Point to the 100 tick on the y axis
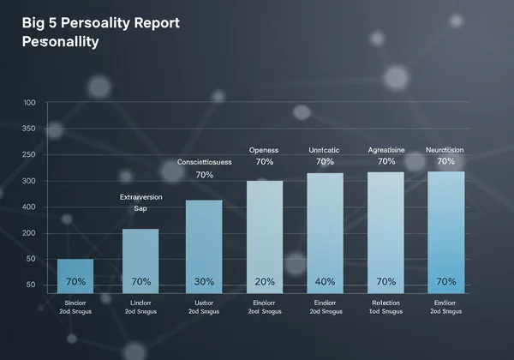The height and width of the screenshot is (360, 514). (29, 103)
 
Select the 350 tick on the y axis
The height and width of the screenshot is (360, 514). (29, 129)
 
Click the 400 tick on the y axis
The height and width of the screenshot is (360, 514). (29, 207)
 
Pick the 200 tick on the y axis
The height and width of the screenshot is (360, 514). (29, 232)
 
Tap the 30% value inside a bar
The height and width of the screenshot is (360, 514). (204, 281)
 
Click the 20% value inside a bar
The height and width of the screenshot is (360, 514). (265, 281)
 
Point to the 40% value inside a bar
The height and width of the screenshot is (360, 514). (325, 281)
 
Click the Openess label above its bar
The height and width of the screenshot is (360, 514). (265, 149)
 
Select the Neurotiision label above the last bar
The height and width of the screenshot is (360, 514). (445, 149)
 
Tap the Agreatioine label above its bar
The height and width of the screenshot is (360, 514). (385, 149)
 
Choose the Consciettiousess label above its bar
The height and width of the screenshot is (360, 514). (204, 162)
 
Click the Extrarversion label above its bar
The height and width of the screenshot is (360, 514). (141, 196)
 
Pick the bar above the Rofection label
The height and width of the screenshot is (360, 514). (385, 231)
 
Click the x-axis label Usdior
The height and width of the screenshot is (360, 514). (204, 302)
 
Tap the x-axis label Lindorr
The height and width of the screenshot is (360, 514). (141, 302)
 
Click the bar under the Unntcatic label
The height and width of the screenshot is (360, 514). (325, 231)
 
